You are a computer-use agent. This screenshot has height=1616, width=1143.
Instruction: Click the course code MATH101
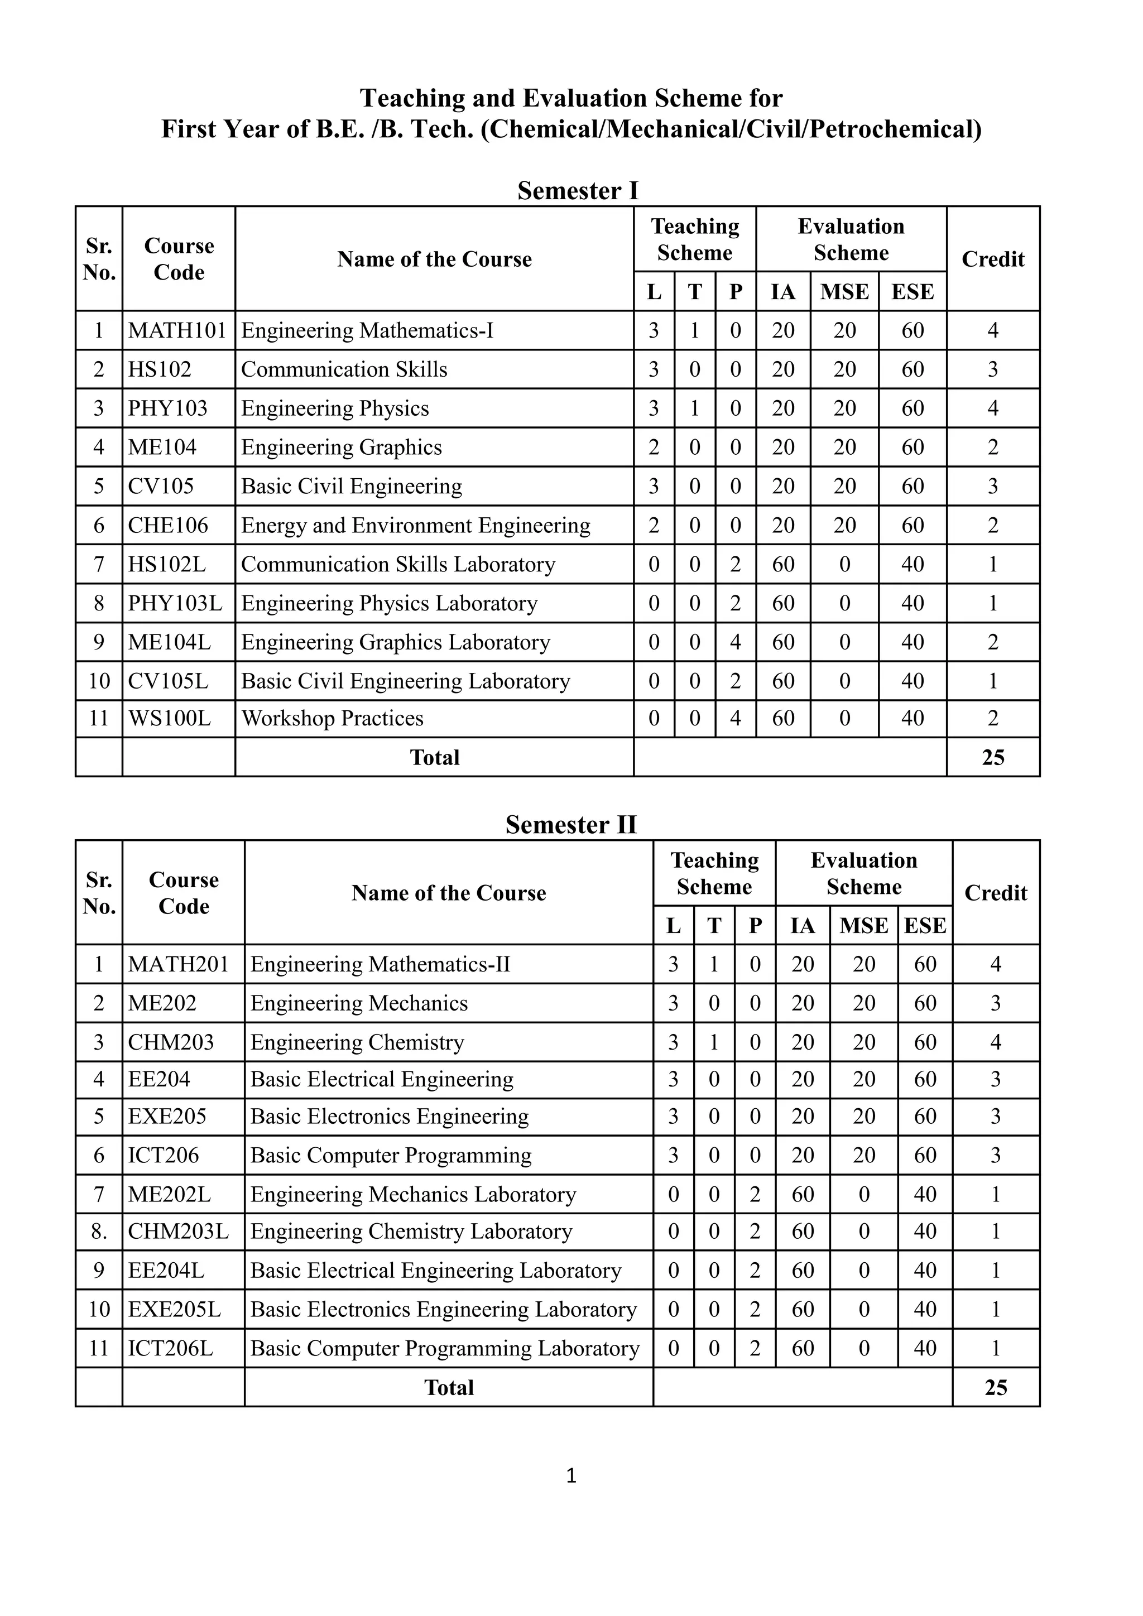click(177, 330)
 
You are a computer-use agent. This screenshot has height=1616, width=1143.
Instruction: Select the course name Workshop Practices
click(332, 718)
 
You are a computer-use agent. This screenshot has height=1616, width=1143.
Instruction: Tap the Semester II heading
click(571, 824)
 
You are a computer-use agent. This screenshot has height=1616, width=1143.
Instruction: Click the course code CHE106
click(168, 525)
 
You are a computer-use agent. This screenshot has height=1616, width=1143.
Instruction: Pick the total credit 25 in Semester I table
click(992, 757)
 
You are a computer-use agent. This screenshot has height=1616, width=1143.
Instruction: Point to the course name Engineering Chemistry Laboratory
click(411, 1231)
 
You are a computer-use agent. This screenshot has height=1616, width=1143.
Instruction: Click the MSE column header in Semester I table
click(844, 291)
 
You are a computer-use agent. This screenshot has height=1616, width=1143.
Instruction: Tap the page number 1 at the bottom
click(571, 1476)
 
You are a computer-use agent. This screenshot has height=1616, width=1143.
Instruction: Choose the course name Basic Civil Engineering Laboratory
click(405, 681)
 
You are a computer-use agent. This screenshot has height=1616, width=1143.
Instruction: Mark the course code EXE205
click(167, 1116)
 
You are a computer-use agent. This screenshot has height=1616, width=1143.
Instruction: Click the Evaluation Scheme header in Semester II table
click(863, 873)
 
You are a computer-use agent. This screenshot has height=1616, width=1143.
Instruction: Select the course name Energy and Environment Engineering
click(415, 525)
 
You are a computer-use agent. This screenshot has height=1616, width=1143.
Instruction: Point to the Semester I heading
click(577, 191)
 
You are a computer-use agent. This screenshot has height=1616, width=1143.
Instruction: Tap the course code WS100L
click(169, 718)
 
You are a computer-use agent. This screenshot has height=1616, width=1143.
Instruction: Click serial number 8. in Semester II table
click(99, 1231)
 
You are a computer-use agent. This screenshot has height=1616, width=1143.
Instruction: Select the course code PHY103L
click(175, 603)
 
